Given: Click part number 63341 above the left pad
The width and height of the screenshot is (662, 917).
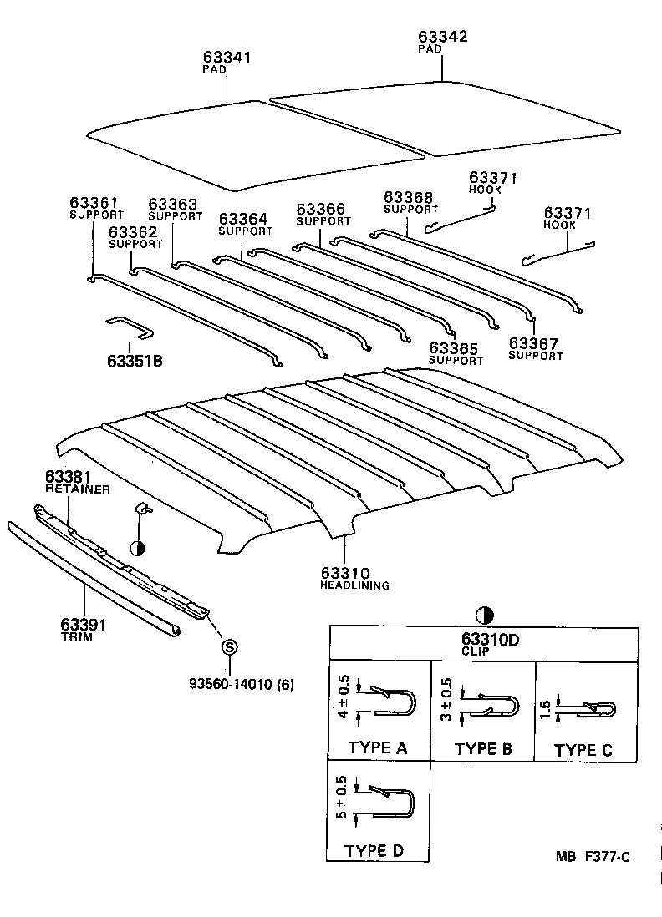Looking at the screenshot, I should [x=227, y=58].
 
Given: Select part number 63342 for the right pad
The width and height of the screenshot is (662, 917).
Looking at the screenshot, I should [x=442, y=37].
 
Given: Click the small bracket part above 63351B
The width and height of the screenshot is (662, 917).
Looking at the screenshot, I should [x=130, y=327].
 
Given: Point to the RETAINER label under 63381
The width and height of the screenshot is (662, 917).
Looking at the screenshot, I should [x=77, y=489].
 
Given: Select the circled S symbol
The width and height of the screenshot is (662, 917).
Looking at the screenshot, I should [x=228, y=647].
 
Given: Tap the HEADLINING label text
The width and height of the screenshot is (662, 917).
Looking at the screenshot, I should [x=354, y=585].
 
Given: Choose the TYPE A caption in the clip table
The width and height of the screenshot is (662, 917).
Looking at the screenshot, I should [x=377, y=747].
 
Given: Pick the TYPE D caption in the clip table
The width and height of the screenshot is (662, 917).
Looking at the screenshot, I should [x=375, y=851].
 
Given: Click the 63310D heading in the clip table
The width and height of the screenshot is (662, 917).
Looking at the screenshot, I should [x=481, y=640].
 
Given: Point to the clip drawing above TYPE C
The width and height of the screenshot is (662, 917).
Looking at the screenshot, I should [x=589, y=709].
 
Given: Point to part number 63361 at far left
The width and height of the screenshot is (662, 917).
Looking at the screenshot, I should [x=94, y=203].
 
